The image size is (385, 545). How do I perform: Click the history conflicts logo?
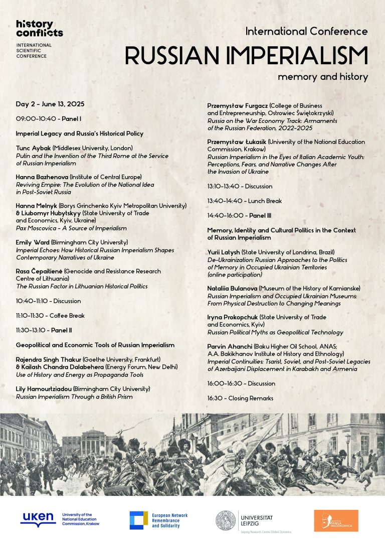(x=39, y=29)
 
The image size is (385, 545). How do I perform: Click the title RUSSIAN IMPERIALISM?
(x=246, y=55)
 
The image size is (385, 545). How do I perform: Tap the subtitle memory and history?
(x=323, y=77)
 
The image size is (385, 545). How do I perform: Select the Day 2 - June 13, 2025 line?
(x=50, y=104)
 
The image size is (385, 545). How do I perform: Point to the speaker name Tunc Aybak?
(x=33, y=148)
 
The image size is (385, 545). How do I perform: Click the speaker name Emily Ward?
(x=33, y=242)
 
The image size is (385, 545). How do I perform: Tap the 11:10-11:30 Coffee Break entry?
(x=50, y=316)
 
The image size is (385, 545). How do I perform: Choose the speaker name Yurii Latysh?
(x=224, y=251)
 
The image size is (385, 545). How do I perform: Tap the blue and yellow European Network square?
(x=138, y=520)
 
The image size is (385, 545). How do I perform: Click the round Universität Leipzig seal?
(x=226, y=520)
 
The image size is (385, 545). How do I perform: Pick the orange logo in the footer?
(x=336, y=520)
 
